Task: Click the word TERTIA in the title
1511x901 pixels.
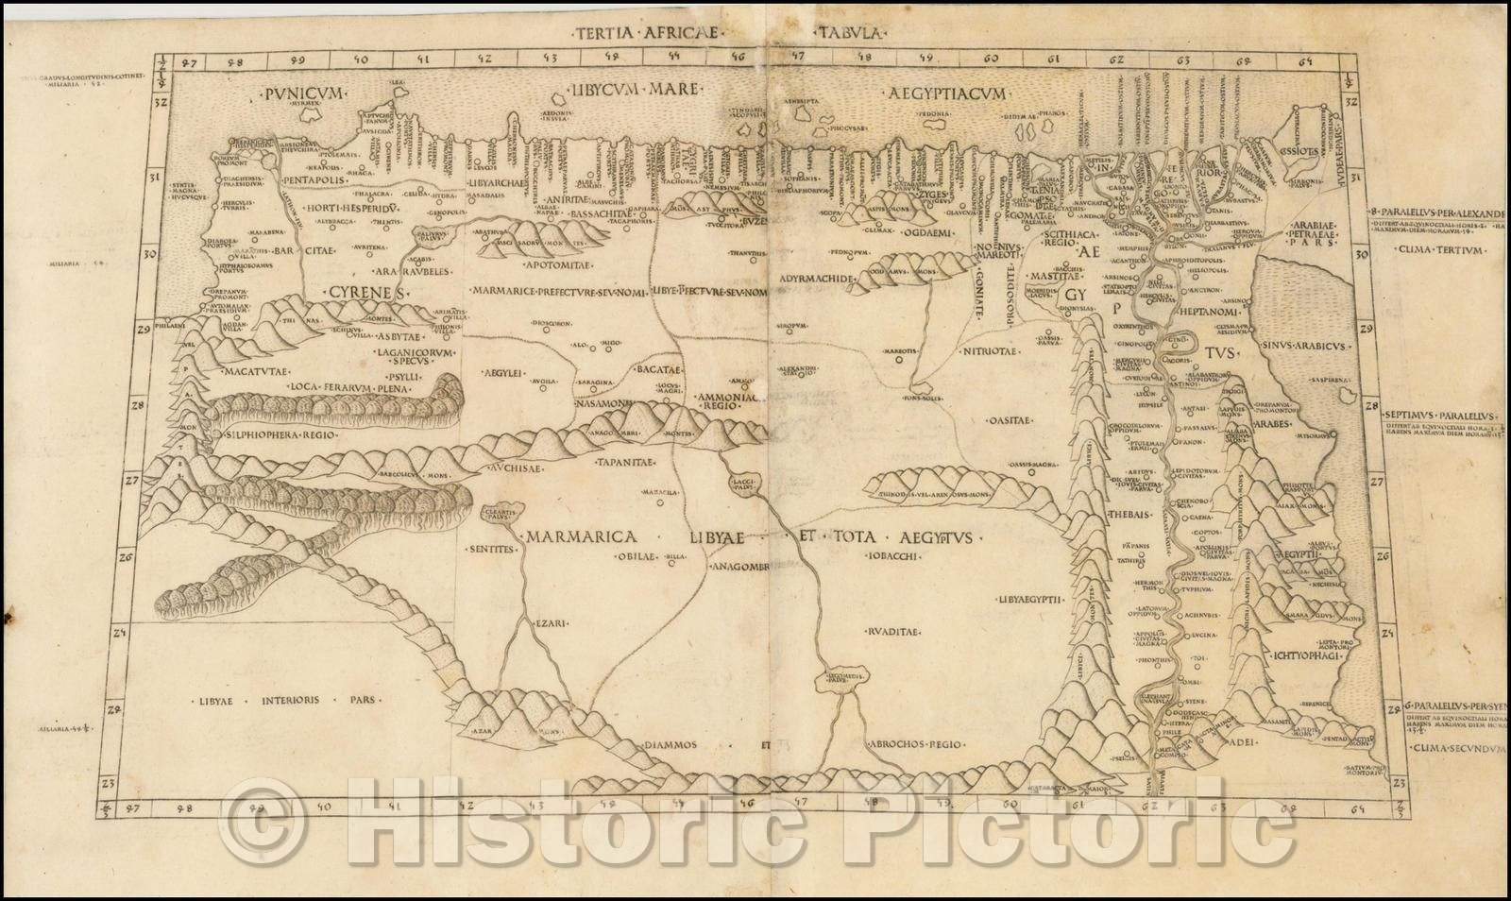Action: [x=604, y=31]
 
